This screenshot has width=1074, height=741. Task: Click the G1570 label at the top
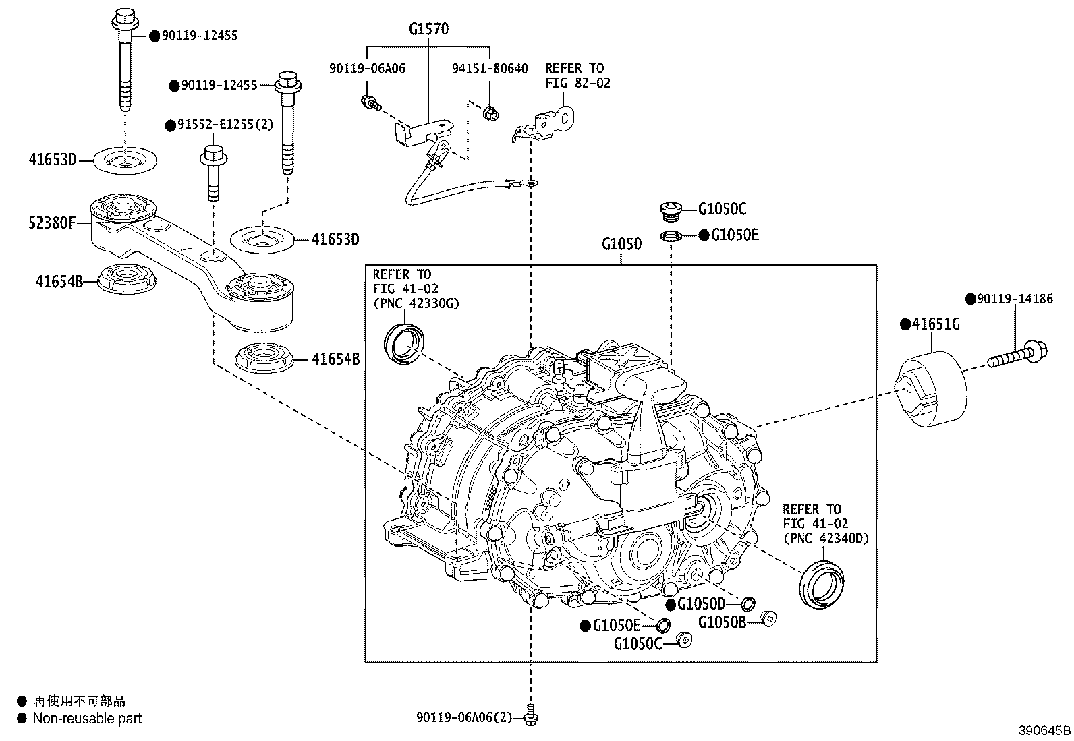[x=428, y=29]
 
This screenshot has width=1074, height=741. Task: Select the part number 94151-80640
[x=490, y=68]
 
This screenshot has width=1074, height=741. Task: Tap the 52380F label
[x=51, y=222]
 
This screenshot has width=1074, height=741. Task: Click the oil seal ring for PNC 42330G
[x=403, y=342]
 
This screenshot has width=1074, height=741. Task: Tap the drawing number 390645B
[x=1044, y=730]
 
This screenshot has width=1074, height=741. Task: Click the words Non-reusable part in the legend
[x=88, y=719]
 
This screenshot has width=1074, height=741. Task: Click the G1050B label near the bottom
[x=722, y=622]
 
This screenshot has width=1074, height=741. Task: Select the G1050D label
[x=701, y=603]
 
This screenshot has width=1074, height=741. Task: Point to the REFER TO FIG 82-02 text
[x=574, y=75]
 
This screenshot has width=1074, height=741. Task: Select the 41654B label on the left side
[x=59, y=280]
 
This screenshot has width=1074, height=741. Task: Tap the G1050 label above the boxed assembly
[x=621, y=244]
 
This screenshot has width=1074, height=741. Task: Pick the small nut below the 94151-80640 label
[x=491, y=113]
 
